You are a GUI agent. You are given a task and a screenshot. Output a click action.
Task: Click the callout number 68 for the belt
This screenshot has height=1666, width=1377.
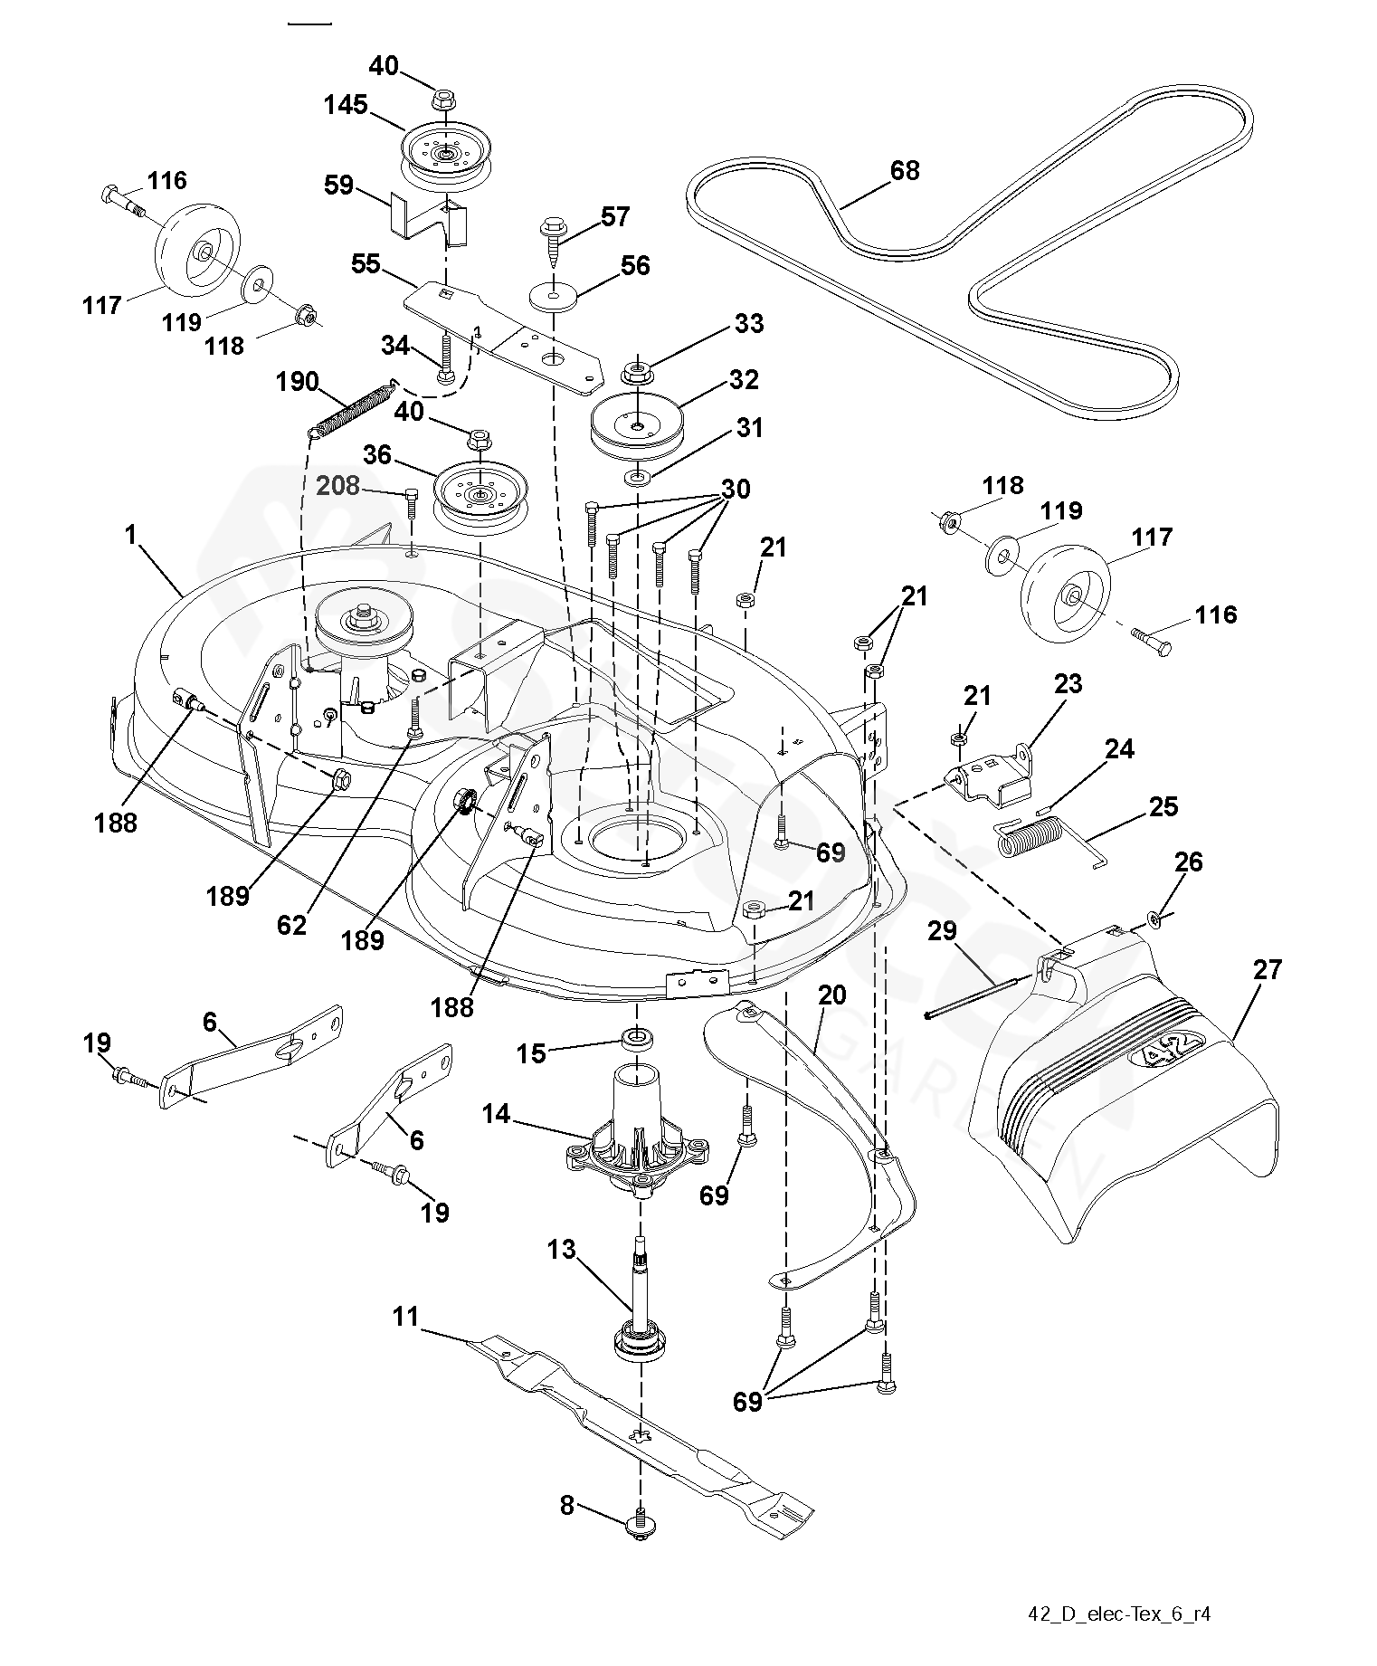point(905,170)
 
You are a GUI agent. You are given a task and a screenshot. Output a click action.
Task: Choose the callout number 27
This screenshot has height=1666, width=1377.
point(1268,970)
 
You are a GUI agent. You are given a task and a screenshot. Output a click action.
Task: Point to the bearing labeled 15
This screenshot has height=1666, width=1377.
point(636,1037)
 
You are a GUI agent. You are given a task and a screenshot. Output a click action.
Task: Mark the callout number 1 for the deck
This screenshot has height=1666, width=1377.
point(131,535)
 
